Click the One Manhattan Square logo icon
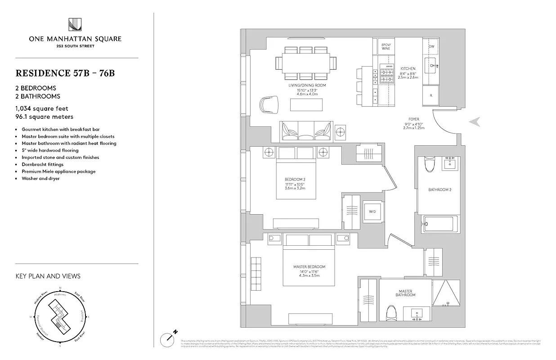point(75,25)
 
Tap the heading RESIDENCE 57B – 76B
point(65,73)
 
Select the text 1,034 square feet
point(42,108)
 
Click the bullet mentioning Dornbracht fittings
point(42,164)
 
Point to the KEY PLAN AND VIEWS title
point(48,276)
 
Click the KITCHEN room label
point(402,69)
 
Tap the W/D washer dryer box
point(372,211)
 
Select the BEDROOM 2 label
point(295,180)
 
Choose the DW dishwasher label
point(431,47)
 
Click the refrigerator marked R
point(431,95)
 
